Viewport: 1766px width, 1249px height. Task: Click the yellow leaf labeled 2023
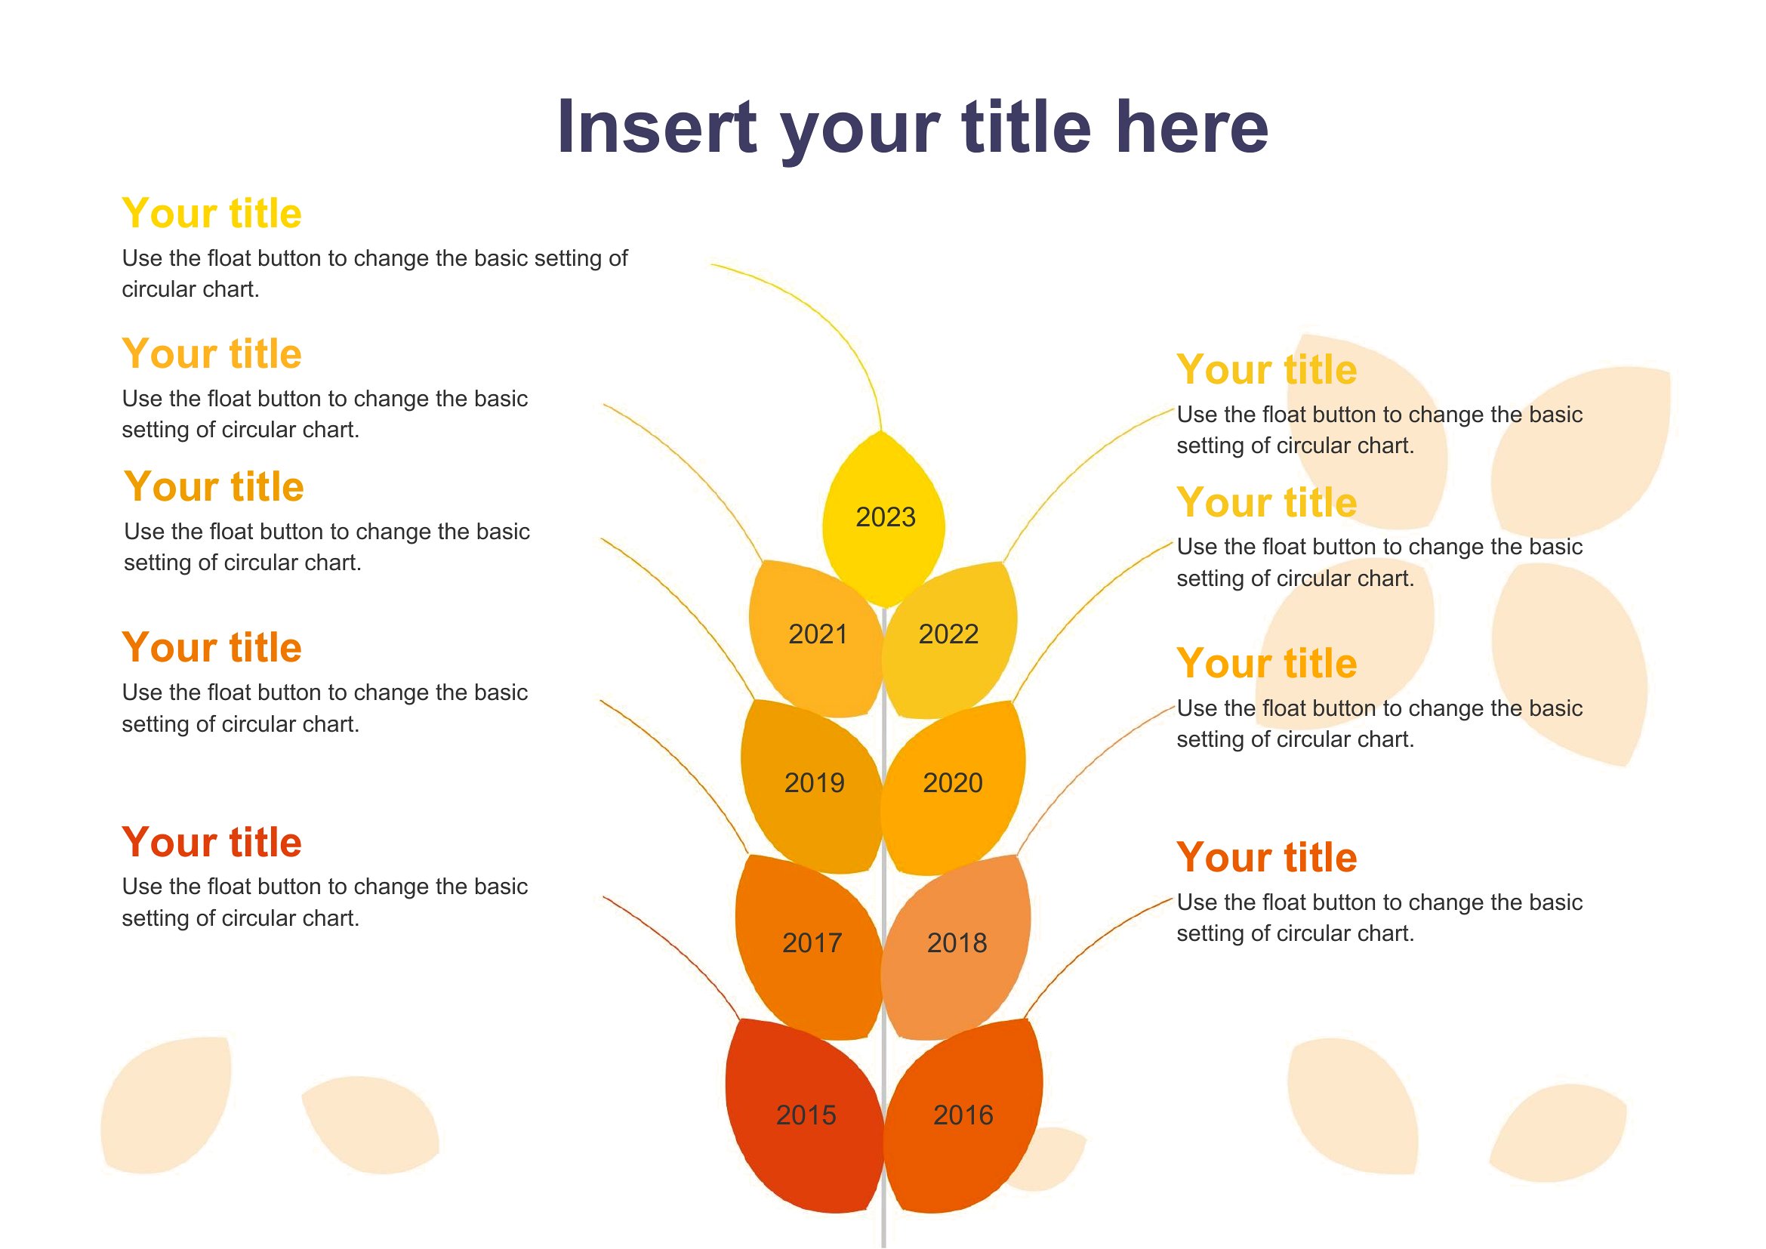pyautogui.click(x=883, y=519)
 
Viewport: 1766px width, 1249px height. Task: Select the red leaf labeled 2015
pyautogui.click(x=804, y=1115)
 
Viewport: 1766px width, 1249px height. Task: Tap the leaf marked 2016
pyautogui.click(x=963, y=1115)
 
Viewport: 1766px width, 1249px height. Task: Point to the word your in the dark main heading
pyautogui.click(x=860, y=134)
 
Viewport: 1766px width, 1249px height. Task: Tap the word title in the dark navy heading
pyautogui.click(x=1027, y=127)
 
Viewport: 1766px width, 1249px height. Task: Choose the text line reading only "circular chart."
pyautogui.click(x=190, y=289)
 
